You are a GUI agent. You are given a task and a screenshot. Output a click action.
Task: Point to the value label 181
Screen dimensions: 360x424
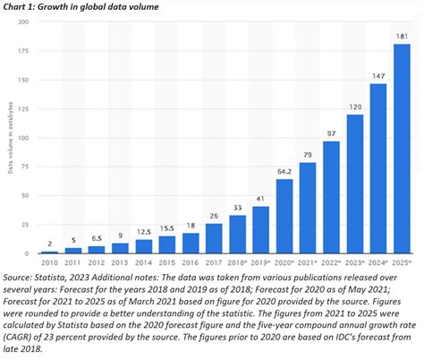(402, 37)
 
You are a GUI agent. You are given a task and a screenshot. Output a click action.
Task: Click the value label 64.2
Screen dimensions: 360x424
(284, 172)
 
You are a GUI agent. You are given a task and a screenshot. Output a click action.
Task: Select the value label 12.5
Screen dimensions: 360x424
(143, 232)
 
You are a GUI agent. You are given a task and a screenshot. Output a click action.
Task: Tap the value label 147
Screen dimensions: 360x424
(378, 76)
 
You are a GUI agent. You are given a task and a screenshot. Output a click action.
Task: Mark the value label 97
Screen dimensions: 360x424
(331, 133)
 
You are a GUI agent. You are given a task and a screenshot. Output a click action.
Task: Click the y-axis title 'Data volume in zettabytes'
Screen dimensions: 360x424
(10, 143)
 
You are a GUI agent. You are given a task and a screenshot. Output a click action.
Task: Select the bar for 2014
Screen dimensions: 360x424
(143, 245)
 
